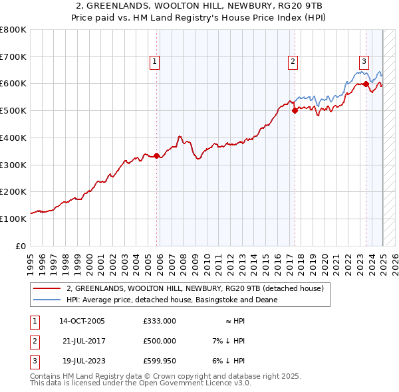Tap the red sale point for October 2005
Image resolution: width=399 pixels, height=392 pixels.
(x=157, y=155)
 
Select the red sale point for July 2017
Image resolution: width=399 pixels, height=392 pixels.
(x=295, y=111)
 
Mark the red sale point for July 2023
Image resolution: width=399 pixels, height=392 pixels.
(x=366, y=84)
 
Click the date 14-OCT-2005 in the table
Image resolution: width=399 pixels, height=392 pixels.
(x=82, y=321)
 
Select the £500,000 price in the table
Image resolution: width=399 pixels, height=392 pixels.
(x=160, y=341)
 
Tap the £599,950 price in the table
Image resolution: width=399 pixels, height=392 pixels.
(x=160, y=361)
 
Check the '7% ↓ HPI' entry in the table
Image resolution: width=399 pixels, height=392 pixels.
(x=226, y=341)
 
